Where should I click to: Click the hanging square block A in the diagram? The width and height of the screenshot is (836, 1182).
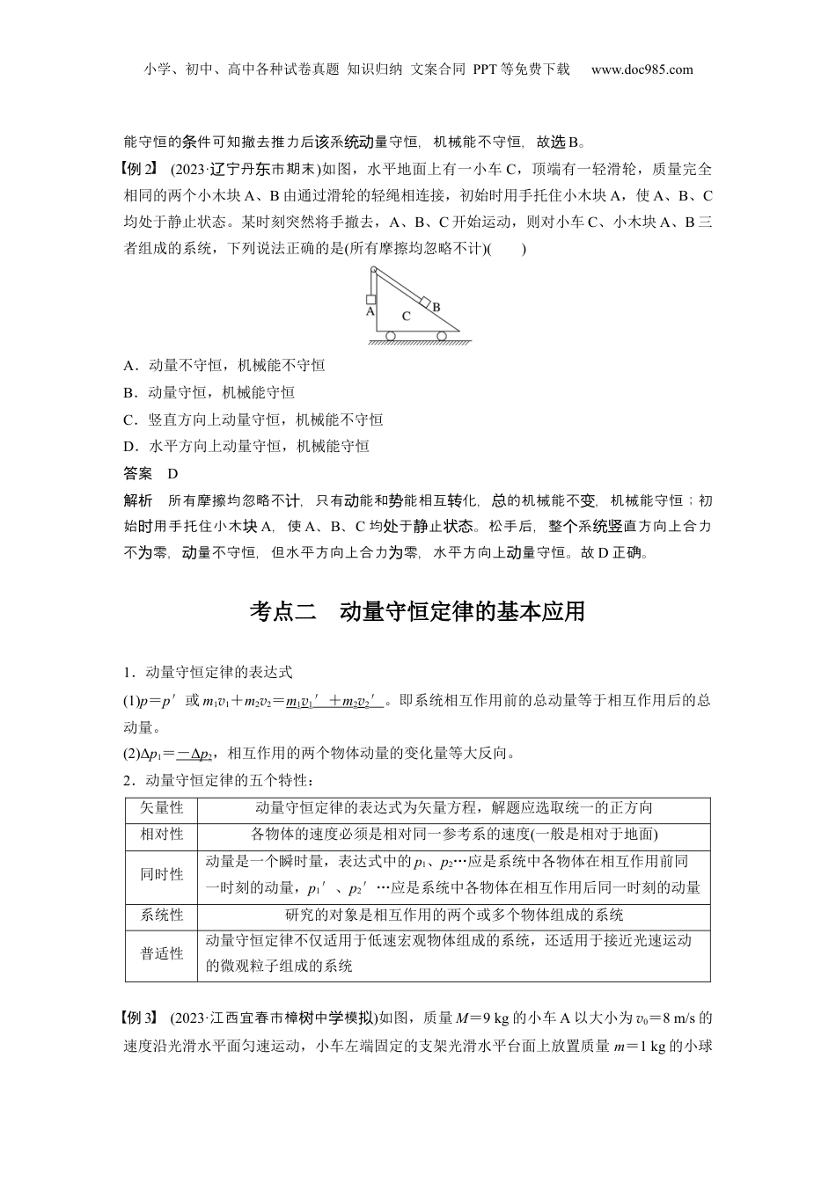pos(371,299)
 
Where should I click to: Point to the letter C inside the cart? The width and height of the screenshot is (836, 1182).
pos(406,315)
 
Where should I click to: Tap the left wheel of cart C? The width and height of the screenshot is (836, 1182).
pos(391,335)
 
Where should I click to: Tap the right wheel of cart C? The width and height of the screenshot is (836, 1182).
pos(442,335)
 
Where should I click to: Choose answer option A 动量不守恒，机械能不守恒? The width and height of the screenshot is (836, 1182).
pos(224,365)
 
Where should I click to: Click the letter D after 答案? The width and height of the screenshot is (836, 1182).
pos(172,473)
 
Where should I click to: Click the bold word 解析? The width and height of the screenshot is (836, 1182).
pos(138,500)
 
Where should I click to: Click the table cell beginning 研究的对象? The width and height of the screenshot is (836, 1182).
pos(454,915)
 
